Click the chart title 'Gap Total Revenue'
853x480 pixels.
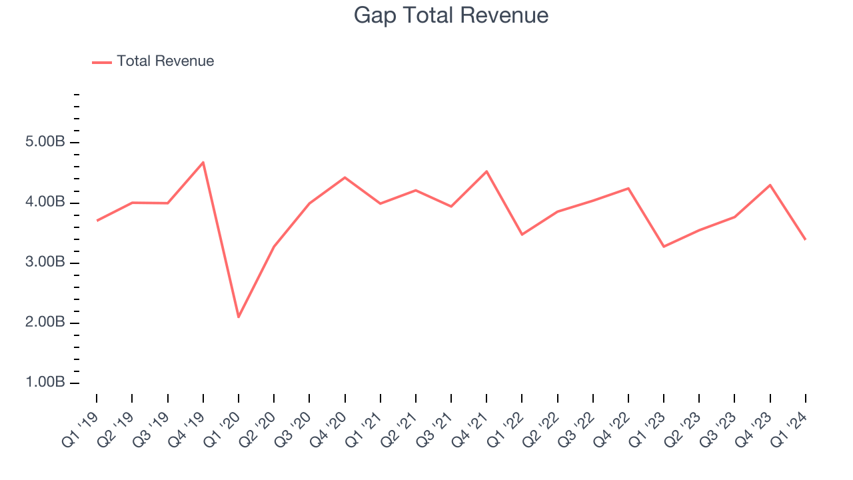coord(451,15)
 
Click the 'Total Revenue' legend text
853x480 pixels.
coord(165,61)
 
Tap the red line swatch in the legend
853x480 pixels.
coord(102,62)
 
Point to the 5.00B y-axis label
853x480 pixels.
coord(45,143)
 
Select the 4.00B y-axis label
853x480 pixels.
coord(45,203)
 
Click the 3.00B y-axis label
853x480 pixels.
coord(45,263)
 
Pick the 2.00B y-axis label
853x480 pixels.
coord(45,323)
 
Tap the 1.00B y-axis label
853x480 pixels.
coord(45,383)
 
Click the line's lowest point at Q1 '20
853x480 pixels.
coord(239,317)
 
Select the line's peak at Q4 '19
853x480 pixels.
coord(203,162)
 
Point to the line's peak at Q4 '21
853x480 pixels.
coord(486,171)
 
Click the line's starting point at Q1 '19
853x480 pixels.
coord(97,221)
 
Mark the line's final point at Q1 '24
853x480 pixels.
coord(805,239)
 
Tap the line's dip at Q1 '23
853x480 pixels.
coord(664,247)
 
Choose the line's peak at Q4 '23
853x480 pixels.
coord(770,185)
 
